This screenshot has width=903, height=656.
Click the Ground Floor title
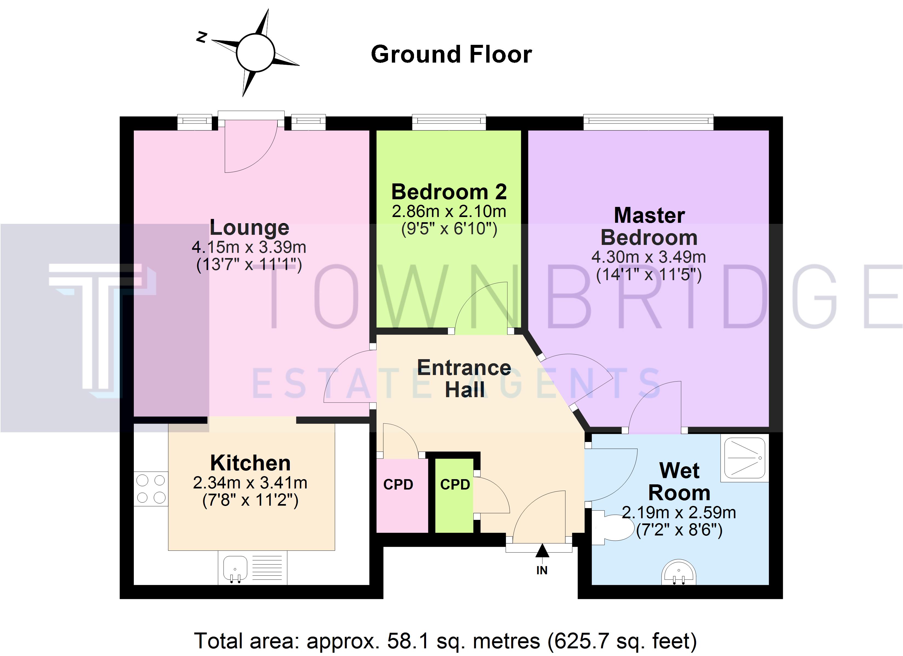pos(451,54)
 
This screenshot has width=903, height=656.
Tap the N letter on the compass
pos(202,37)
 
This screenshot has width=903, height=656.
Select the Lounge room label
pos(249,228)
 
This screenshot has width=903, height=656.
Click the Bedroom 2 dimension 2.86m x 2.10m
pos(449,212)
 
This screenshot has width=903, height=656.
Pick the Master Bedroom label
pos(649,226)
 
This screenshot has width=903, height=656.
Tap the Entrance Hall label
pos(464,378)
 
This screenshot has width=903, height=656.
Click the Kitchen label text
pos(250,463)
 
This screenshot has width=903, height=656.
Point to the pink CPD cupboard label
pos(398,485)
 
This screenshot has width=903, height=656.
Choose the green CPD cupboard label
pos(455,485)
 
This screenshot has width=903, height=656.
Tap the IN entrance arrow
pos(542,555)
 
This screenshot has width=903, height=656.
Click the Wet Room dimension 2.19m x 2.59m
pos(679,513)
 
